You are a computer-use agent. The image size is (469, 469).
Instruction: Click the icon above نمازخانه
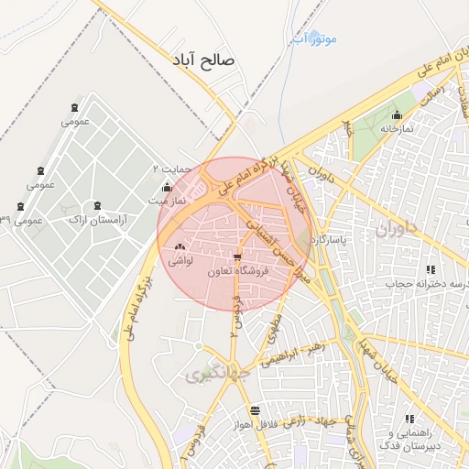[x=397, y=115]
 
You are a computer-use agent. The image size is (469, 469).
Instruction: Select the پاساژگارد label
[x=326, y=240]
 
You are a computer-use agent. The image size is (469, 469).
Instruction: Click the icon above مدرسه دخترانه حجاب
[x=430, y=269]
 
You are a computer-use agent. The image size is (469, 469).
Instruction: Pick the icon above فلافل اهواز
[x=254, y=411]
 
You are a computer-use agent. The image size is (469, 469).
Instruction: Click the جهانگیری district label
[x=212, y=375]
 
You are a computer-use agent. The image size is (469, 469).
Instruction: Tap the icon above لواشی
[x=179, y=246]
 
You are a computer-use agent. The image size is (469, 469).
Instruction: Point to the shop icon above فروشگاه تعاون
[x=238, y=257]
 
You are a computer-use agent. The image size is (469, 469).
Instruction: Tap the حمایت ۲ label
[x=171, y=169]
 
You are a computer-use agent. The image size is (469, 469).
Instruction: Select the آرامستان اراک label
[x=98, y=221]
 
